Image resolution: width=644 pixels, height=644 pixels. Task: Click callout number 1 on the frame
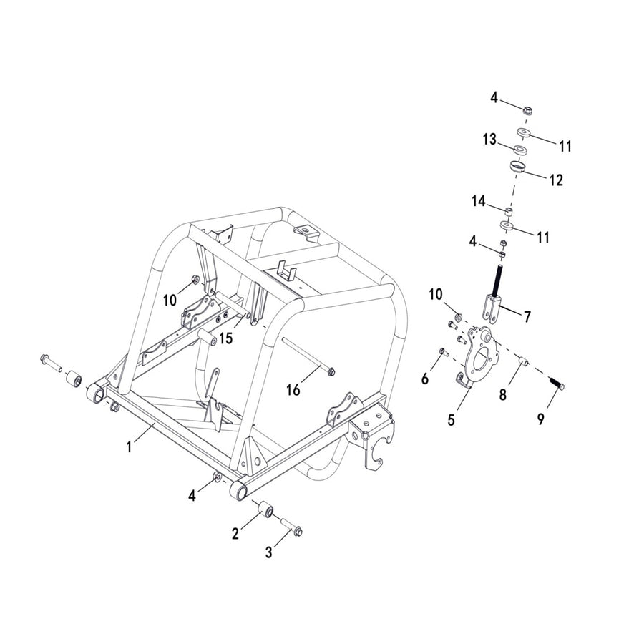130,447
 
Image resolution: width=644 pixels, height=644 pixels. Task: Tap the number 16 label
294,389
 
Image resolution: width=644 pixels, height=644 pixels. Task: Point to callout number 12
556,180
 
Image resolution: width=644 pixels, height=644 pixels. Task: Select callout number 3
268,552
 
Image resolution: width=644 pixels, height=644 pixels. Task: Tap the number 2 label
235,533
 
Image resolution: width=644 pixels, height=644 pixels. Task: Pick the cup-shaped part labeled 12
519,167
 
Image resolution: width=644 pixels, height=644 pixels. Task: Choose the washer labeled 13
521,150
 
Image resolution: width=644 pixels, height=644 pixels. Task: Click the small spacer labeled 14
508,210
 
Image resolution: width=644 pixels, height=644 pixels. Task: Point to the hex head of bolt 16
331,371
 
